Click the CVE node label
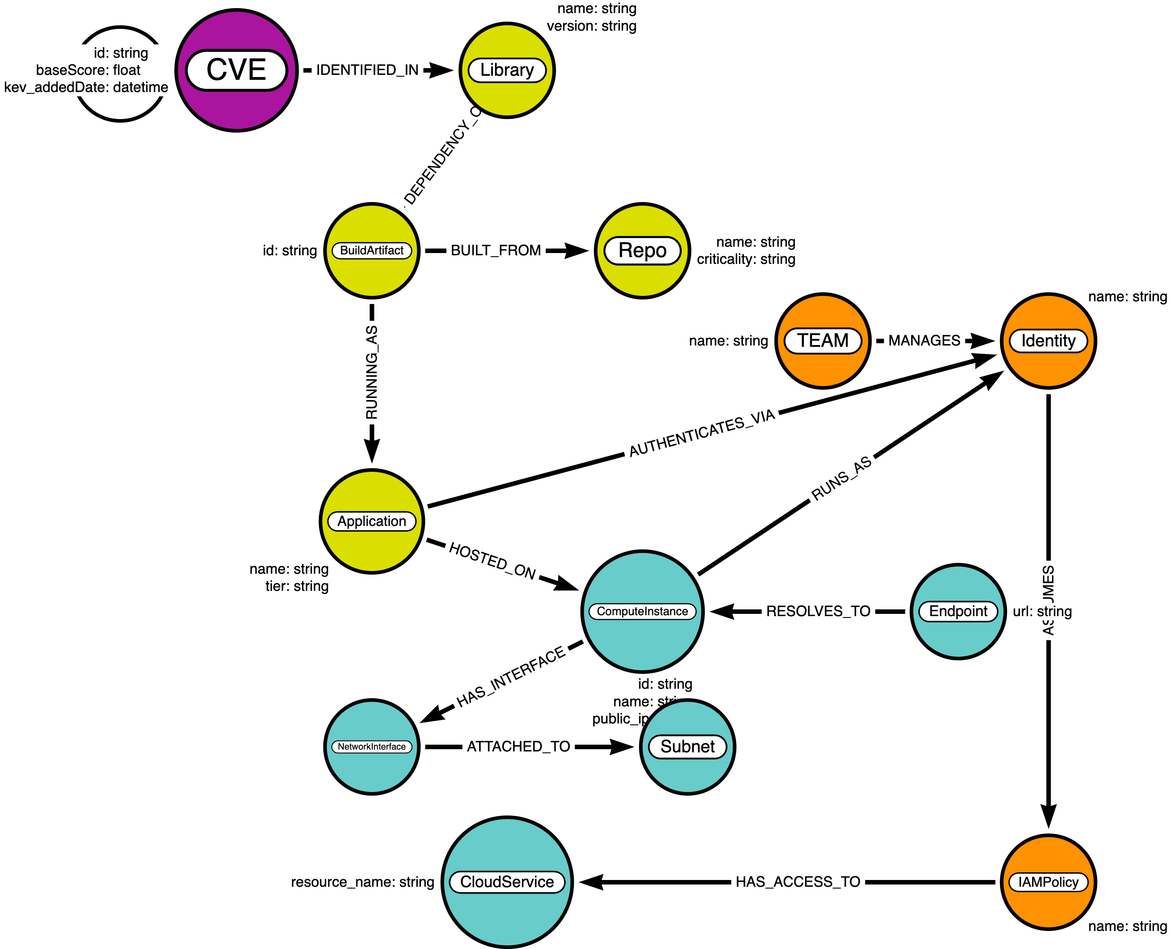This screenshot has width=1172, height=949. [236, 70]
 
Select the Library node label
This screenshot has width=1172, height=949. [507, 70]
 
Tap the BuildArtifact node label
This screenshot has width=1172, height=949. [372, 250]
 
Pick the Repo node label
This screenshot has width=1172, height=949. [642, 250]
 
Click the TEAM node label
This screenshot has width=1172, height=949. [823, 341]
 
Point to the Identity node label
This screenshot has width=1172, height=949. [1048, 341]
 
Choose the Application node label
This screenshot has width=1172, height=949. [372, 521]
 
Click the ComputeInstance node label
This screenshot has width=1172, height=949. [642, 611]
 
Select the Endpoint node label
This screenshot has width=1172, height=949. [958, 611]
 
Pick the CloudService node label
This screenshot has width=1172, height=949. [507, 882]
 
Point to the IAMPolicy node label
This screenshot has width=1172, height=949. [1048, 882]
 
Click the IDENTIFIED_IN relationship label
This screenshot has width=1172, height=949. [367, 70]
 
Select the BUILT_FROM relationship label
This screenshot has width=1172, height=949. [496, 250]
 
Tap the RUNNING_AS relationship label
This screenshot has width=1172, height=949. [372, 372]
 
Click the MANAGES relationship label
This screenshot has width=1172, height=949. [924, 341]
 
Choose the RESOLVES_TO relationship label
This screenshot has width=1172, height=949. [818, 611]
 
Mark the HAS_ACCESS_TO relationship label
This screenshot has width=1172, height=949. [798, 882]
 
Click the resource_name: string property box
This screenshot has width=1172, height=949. [362, 882]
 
